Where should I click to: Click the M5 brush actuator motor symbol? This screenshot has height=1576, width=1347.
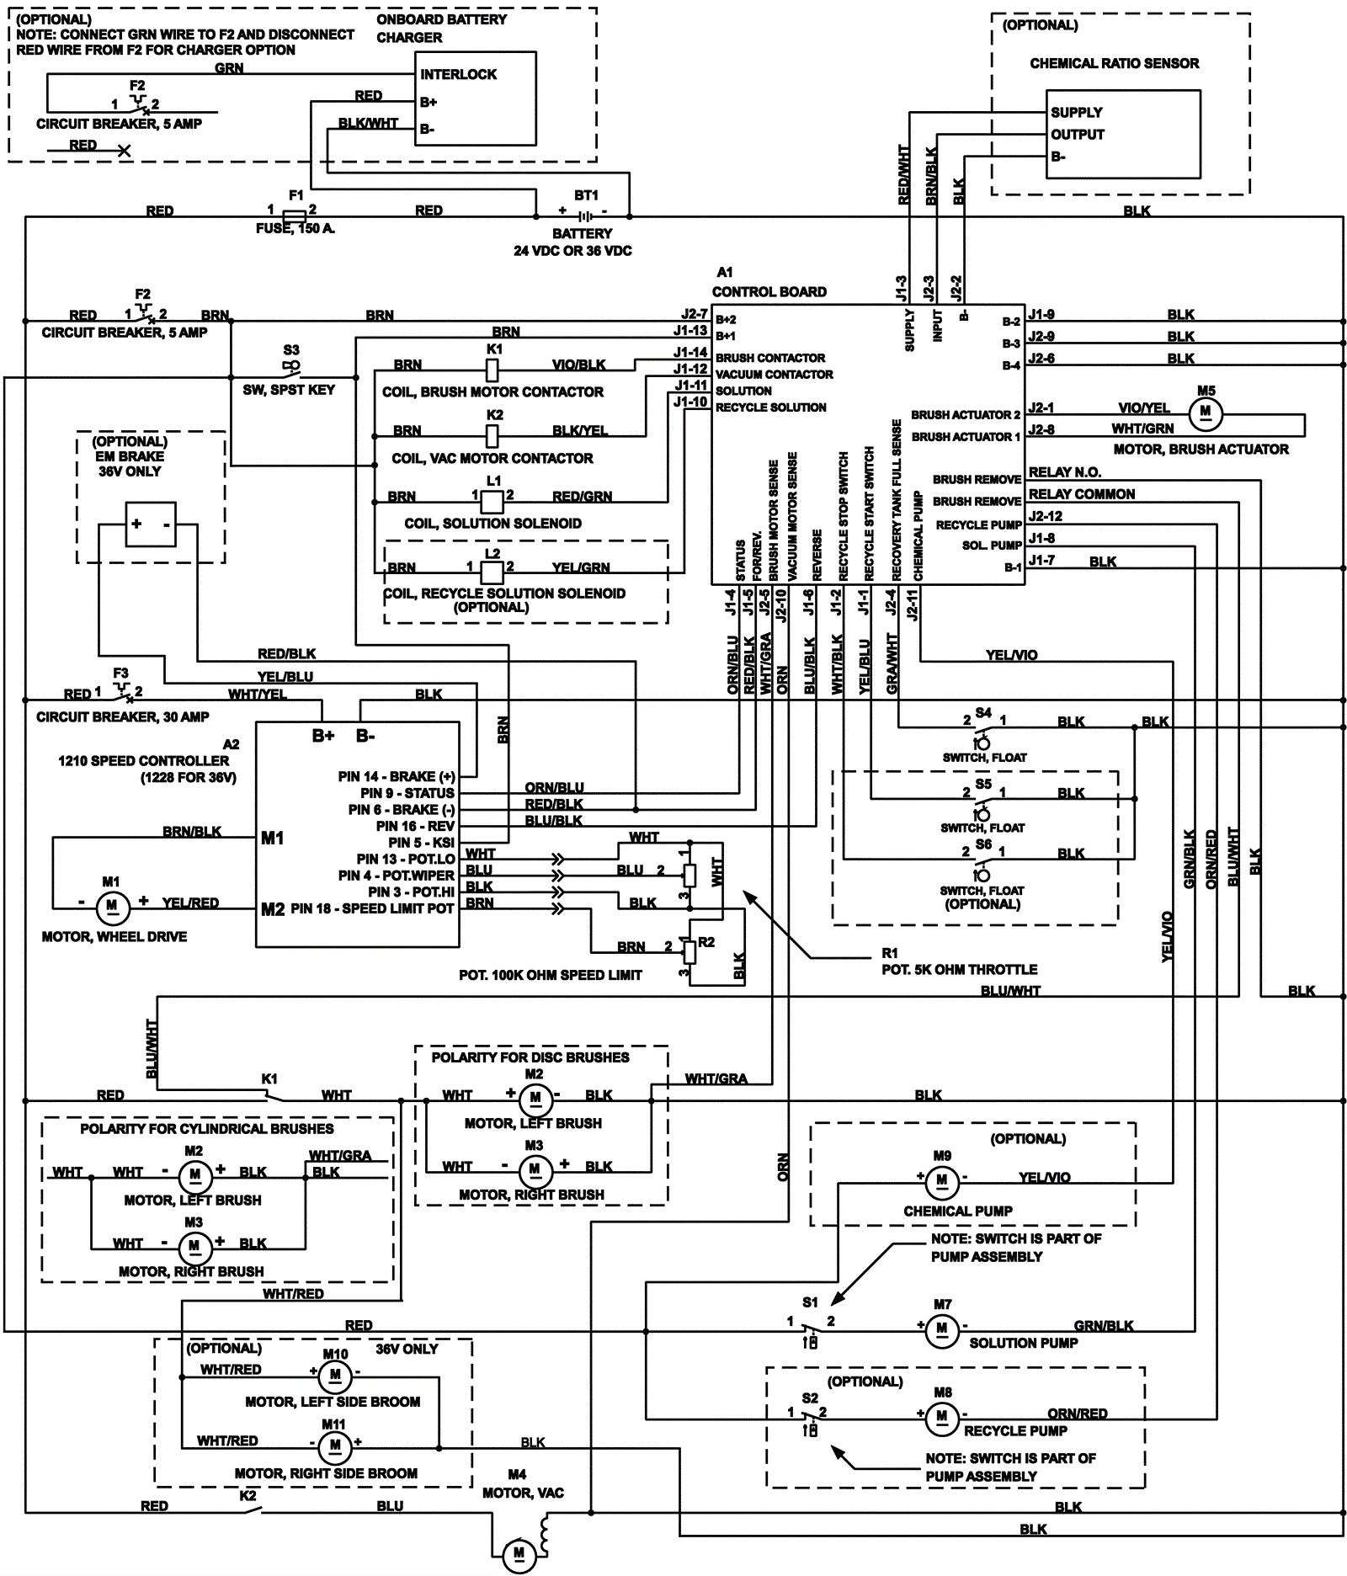(1206, 413)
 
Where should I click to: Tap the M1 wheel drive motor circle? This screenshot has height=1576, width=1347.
(111, 908)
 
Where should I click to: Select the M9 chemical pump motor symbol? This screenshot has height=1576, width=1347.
(942, 1181)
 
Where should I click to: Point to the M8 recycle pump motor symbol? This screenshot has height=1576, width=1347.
(942, 1418)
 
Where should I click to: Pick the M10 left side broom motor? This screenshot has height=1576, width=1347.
(335, 1376)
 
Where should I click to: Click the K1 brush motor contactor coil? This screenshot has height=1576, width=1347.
(493, 369)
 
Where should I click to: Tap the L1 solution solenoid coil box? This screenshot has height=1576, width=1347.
(492, 502)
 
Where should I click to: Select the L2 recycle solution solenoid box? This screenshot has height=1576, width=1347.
(492, 572)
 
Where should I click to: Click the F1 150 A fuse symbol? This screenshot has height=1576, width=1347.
(295, 217)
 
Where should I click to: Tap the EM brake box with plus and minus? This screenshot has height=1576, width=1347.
(151, 524)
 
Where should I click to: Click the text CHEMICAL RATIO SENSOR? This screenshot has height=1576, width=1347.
(1114, 63)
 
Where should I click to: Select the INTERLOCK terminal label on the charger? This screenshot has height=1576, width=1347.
(458, 74)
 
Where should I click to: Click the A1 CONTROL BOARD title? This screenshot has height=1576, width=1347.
(769, 291)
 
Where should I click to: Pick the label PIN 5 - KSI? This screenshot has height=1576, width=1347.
(421, 842)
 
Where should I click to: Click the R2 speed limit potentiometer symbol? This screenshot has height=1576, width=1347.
(689, 951)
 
